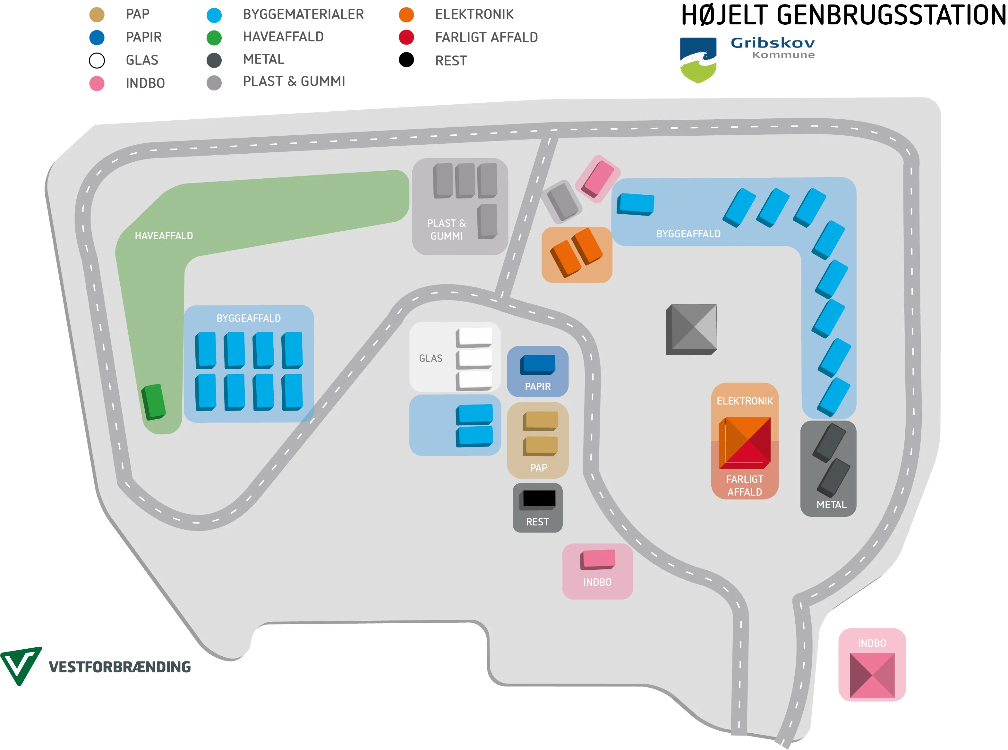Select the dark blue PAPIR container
tap(538, 364)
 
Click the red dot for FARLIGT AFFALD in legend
tap(406, 37)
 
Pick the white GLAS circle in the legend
tap(97, 60)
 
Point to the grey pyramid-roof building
tap(691, 329)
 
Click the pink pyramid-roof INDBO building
tap(872, 675)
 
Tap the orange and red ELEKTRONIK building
tap(745, 443)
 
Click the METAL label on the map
tap(831, 505)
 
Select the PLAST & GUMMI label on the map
tap(446, 230)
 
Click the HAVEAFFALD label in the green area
tap(164, 236)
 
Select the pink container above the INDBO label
tap(598, 559)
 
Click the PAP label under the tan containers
tap(539, 468)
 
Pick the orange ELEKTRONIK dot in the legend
tap(406, 14)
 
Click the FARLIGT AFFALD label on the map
tap(745, 486)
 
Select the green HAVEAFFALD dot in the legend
tap(214, 38)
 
